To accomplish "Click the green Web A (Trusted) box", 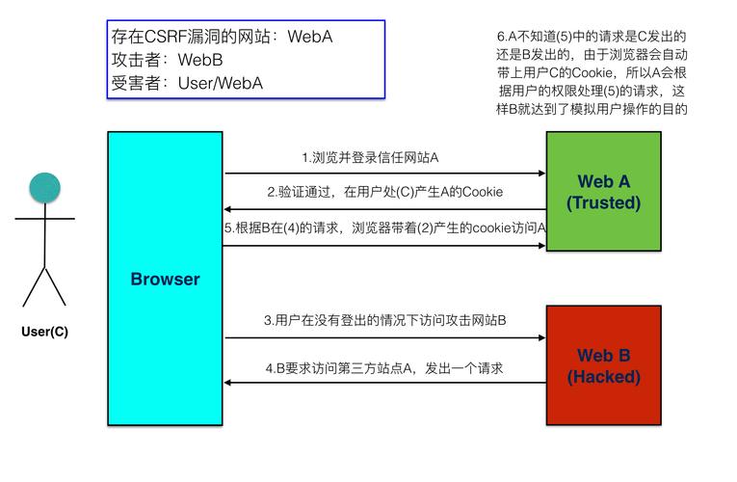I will point(603,191).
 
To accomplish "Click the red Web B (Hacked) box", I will point(603,365).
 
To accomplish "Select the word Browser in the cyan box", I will point(165,280).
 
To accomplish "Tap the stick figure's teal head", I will point(43,188).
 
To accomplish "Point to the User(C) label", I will point(44,333).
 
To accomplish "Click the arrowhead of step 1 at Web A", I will point(540,174).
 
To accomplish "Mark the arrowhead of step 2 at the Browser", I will point(229,209).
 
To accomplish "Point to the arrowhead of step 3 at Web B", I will point(540,337).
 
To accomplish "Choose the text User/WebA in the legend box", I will point(220,83).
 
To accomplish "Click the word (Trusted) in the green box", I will point(603,202).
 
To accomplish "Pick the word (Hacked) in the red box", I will point(603,377).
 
